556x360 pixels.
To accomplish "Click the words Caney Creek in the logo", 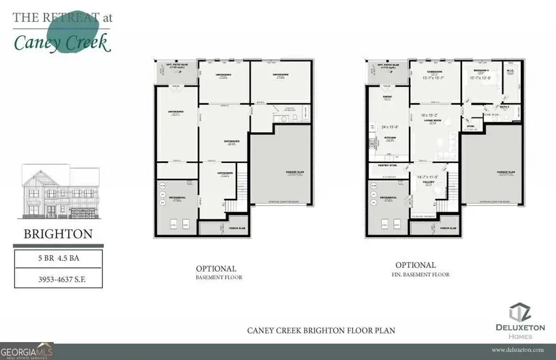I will point(62,42).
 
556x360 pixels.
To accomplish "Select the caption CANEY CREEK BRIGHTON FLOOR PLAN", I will point(321,330).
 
